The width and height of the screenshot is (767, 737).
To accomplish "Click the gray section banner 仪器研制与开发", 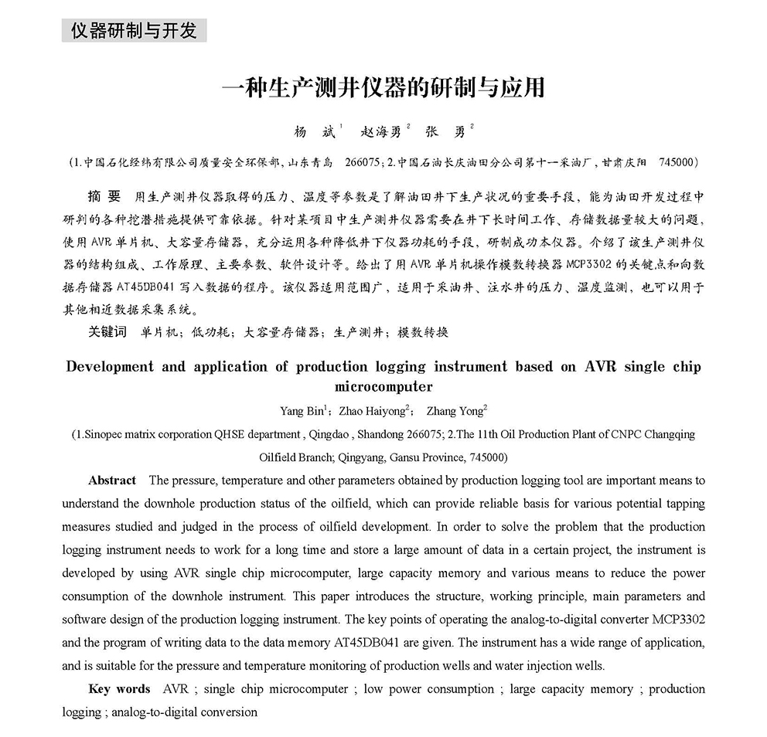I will click(134, 31).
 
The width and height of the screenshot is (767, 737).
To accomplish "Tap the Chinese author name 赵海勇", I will click(382, 132).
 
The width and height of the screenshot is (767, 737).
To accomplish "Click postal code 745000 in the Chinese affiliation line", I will click(677, 163).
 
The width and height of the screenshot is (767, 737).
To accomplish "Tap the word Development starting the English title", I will click(110, 367).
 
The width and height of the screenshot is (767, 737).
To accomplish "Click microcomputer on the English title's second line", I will click(383, 386).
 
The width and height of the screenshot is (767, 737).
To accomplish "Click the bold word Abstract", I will click(112, 481).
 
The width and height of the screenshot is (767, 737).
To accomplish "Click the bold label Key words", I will click(119, 689).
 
